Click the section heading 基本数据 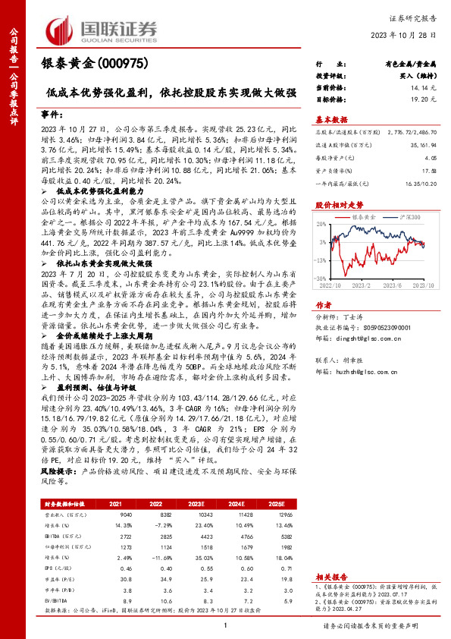(331, 119)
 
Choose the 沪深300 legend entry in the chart (405, 217)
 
